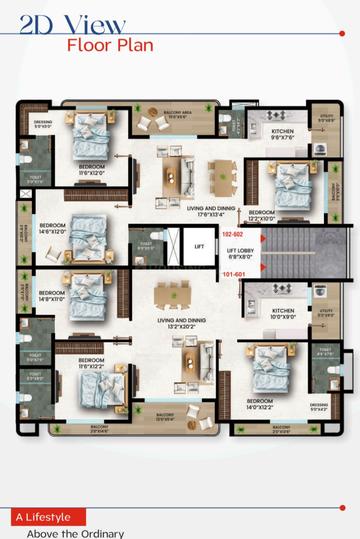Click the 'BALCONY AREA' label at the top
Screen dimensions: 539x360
coord(180,112)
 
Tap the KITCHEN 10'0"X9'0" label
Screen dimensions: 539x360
coord(283,313)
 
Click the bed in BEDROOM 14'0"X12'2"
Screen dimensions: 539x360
coord(270,369)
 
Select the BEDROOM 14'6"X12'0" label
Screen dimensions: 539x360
coord(52,228)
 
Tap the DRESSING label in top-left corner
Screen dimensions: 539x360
coord(43,125)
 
